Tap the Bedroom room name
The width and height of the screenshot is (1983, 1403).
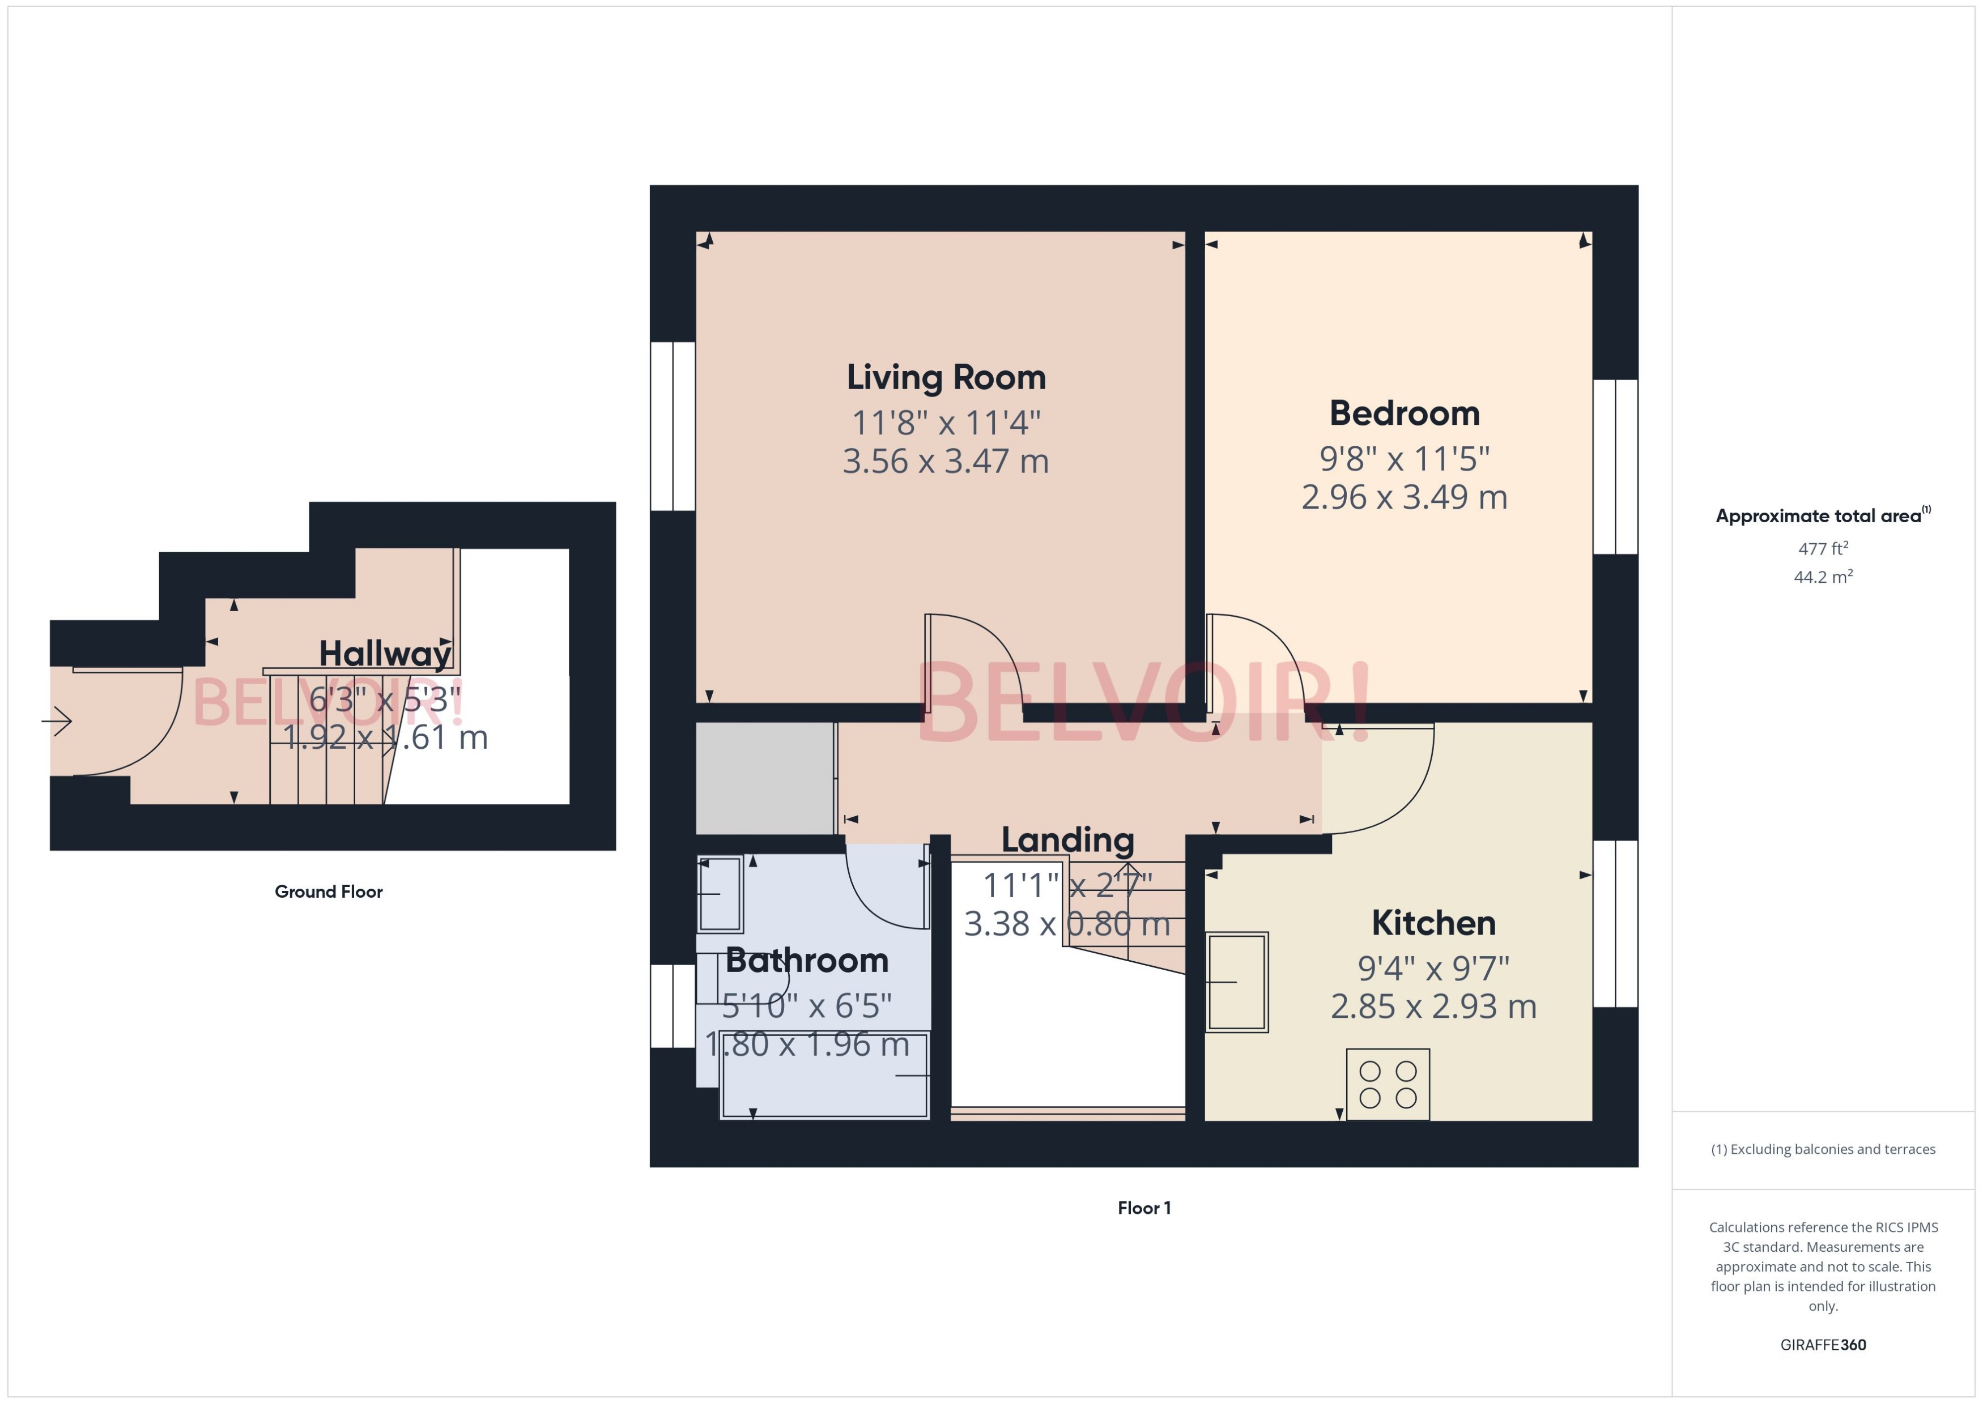click(x=1404, y=413)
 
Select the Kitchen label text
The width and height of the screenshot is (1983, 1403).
click(x=1433, y=923)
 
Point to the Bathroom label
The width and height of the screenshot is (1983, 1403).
click(x=807, y=960)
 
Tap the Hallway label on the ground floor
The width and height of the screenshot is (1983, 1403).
click(x=385, y=653)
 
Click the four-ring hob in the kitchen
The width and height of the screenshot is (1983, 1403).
click(x=1388, y=1084)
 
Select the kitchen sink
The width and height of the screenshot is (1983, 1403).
click(x=1237, y=982)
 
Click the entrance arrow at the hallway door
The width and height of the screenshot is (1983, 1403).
click(x=57, y=720)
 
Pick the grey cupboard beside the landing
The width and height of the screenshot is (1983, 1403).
click(x=765, y=778)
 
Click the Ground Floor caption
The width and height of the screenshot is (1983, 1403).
click(x=329, y=892)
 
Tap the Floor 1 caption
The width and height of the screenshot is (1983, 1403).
click(x=1144, y=1208)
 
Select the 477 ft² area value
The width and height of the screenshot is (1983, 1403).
click(x=1823, y=549)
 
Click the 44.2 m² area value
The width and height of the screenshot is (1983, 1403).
click(x=1823, y=576)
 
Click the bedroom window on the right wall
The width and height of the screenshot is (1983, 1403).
click(x=1615, y=467)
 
